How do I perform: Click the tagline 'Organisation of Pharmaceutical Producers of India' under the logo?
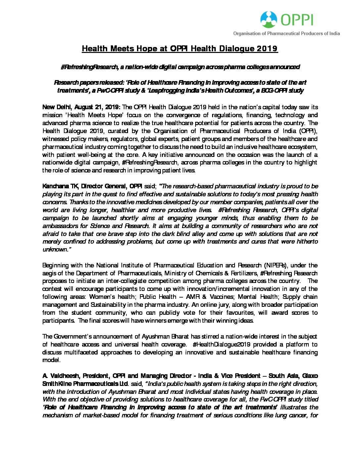(x=286, y=33)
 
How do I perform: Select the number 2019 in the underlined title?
(x=267, y=49)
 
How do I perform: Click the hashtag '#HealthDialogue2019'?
(x=221, y=345)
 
